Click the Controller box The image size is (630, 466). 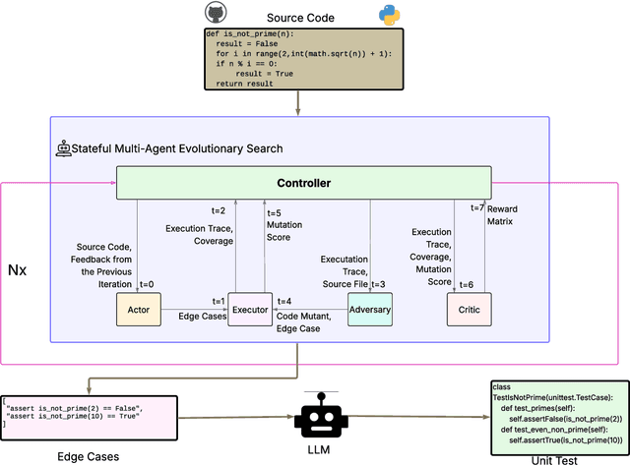[303, 182]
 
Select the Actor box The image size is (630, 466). [137, 310]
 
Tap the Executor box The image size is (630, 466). [250, 310]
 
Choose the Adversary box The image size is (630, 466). [369, 310]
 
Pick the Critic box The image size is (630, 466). [468, 310]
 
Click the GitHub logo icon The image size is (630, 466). [215, 12]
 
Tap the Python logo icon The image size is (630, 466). [391, 14]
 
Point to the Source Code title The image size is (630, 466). [300, 18]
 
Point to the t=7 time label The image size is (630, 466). [476, 207]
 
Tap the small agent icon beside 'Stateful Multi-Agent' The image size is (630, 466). [64, 148]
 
